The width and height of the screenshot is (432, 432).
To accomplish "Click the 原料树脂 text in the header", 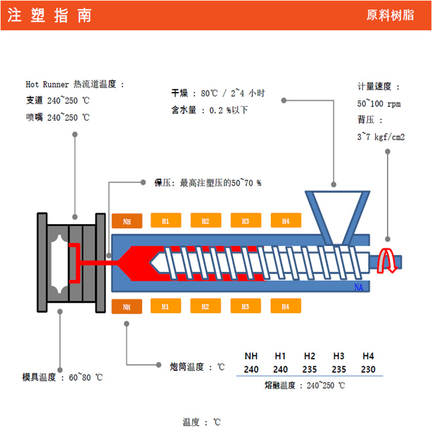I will pyautogui.click(x=390, y=16).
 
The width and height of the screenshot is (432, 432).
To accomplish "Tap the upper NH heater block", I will pyautogui.click(x=127, y=221).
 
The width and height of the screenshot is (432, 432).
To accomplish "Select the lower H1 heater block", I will pyautogui.click(x=165, y=306).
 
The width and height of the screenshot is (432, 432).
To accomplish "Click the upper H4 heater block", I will pyautogui.click(x=286, y=221).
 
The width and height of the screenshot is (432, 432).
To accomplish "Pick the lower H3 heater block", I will pyautogui.click(x=245, y=306).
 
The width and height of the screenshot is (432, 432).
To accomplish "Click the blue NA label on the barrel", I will pyautogui.click(x=358, y=286).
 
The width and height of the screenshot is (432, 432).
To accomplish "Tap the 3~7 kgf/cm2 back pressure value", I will pyautogui.click(x=381, y=137).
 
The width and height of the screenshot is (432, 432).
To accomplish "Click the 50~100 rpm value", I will pyautogui.click(x=378, y=104).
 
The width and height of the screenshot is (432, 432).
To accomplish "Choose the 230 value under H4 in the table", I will pyautogui.click(x=368, y=369).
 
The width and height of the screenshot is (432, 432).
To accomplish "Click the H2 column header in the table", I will pyautogui.click(x=310, y=356).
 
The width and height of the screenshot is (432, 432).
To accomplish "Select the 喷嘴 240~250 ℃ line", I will pyautogui.click(x=58, y=117).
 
